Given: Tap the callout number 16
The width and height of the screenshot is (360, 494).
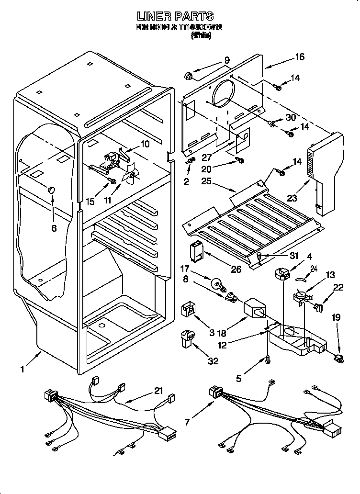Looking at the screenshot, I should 299,57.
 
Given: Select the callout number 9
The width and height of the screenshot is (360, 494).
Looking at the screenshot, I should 226,61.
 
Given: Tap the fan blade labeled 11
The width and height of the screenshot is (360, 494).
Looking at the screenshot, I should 130,175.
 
